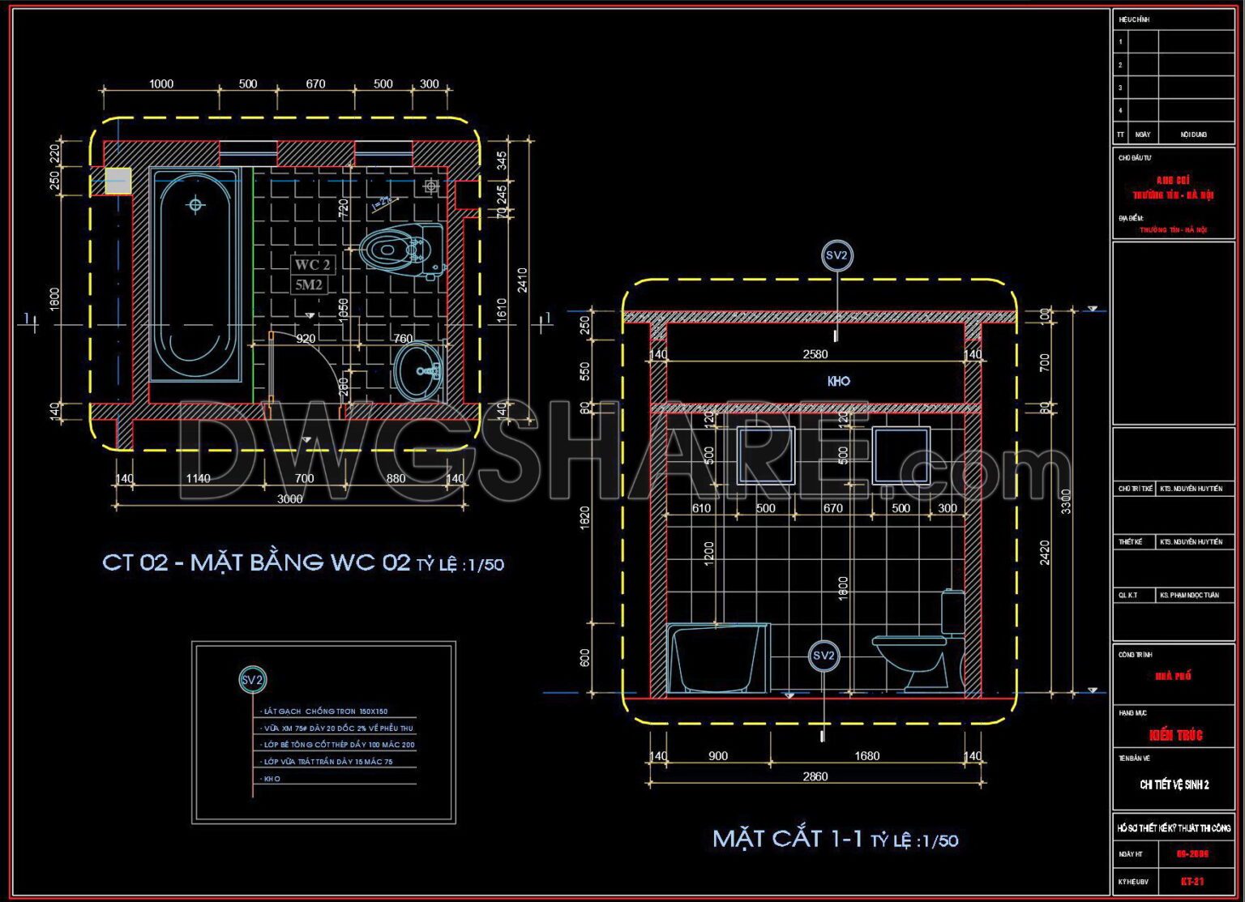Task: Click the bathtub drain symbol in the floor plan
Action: pyautogui.click(x=195, y=205)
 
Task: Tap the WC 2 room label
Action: pyautogui.click(x=312, y=265)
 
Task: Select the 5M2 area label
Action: pyautogui.click(x=309, y=284)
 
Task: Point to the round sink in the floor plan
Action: pyautogui.click(x=419, y=371)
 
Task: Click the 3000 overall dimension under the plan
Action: pyautogui.click(x=290, y=499)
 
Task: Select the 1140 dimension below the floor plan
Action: pyautogui.click(x=198, y=479)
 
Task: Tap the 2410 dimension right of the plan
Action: pyautogui.click(x=523, y=280)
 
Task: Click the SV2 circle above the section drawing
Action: pyautogui.click(x=836, y=256)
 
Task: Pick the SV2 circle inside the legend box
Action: pyautogui.click(x=253, y=680)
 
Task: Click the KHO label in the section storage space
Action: pyautogui.click(x=838, y=381)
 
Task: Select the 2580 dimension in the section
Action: pyautogui.click(x=815, y=354)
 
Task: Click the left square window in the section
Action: pyautogui.click(x=766, y=455)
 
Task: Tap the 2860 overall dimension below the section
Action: pyautogui.click(x=815, y=776)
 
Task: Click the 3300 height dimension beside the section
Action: pyautogui.click(x=1066, y=501)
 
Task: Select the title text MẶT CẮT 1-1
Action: pyautogui.click(x=787, y=839)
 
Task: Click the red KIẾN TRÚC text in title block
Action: pyautogui.click(x=1175, y=735)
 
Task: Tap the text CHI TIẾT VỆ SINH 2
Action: pyautogui.click(x=1174, y=784)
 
